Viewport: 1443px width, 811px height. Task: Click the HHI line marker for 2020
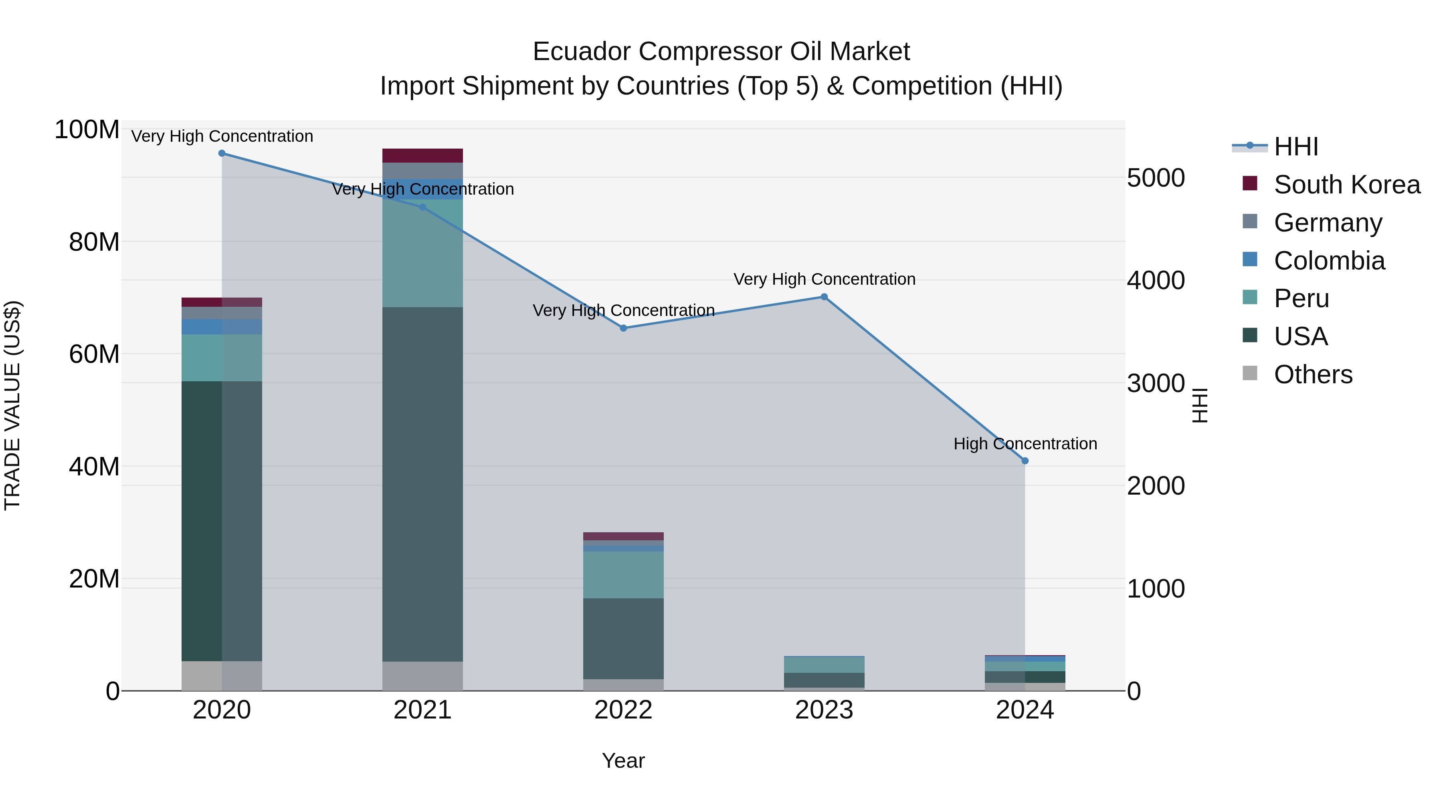222,153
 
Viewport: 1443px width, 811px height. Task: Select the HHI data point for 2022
623,328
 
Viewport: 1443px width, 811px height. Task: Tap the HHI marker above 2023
824,297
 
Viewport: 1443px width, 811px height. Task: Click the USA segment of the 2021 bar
422,484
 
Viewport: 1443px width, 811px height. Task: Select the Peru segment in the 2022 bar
623,575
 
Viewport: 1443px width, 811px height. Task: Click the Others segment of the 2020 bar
222,676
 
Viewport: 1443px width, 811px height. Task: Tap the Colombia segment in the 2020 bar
222,327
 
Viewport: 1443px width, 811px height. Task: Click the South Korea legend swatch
1250,183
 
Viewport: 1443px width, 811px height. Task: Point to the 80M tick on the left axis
94,242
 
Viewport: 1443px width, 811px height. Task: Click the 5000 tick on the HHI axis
1156,178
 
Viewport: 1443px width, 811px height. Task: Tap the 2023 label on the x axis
824,710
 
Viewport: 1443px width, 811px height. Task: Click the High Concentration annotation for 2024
1025,444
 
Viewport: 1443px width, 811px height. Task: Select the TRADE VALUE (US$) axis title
12,405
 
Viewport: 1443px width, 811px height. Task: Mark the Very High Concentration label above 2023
824,279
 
